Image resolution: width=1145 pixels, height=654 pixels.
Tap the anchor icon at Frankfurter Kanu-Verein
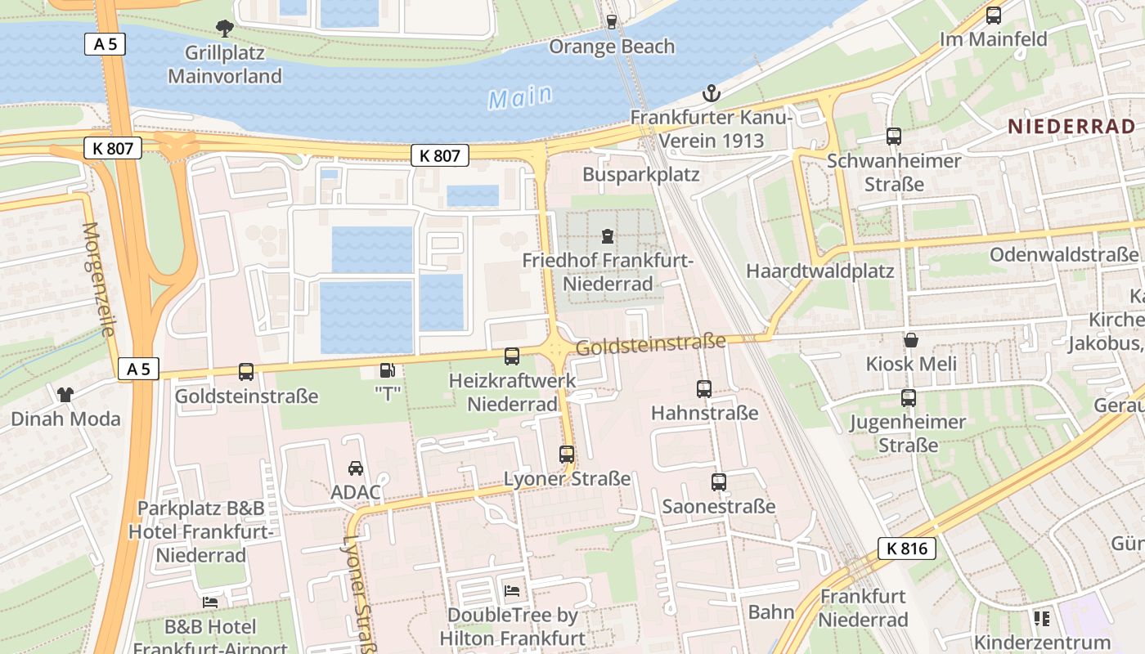tap(712, 92)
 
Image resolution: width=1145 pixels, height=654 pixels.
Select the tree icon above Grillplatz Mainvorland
tap(224, 29)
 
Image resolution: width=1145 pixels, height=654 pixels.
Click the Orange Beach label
tap(612, 47)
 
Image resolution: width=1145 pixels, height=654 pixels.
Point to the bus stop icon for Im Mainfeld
tap(994, 15)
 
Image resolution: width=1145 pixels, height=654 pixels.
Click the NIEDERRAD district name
tap(1071, 126)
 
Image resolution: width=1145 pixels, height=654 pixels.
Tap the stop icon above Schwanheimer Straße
tap(893, 137)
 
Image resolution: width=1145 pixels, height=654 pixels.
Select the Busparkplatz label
tap(640, 174)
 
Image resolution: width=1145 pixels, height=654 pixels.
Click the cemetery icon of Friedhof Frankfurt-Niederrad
tap(607, 237)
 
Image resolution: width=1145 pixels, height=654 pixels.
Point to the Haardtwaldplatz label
tap(819, 271)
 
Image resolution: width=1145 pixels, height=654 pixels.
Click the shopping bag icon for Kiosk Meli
tap(910, 340)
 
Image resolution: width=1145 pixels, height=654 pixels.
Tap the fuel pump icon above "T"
tap(387, 371)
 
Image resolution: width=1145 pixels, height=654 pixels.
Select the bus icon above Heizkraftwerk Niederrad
tap(512, 356)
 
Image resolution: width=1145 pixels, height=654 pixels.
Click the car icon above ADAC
tap(356, 468)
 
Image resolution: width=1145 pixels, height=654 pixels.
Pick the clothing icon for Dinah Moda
tap(65, 395)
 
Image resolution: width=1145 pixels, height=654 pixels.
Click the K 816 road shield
tap(907, 549)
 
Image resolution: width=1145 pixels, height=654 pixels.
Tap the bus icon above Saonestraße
tap(718, 482)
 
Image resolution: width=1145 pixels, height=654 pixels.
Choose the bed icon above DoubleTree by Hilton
tap(512, 590)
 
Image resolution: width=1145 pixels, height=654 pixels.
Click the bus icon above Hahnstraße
tap(704, 389)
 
